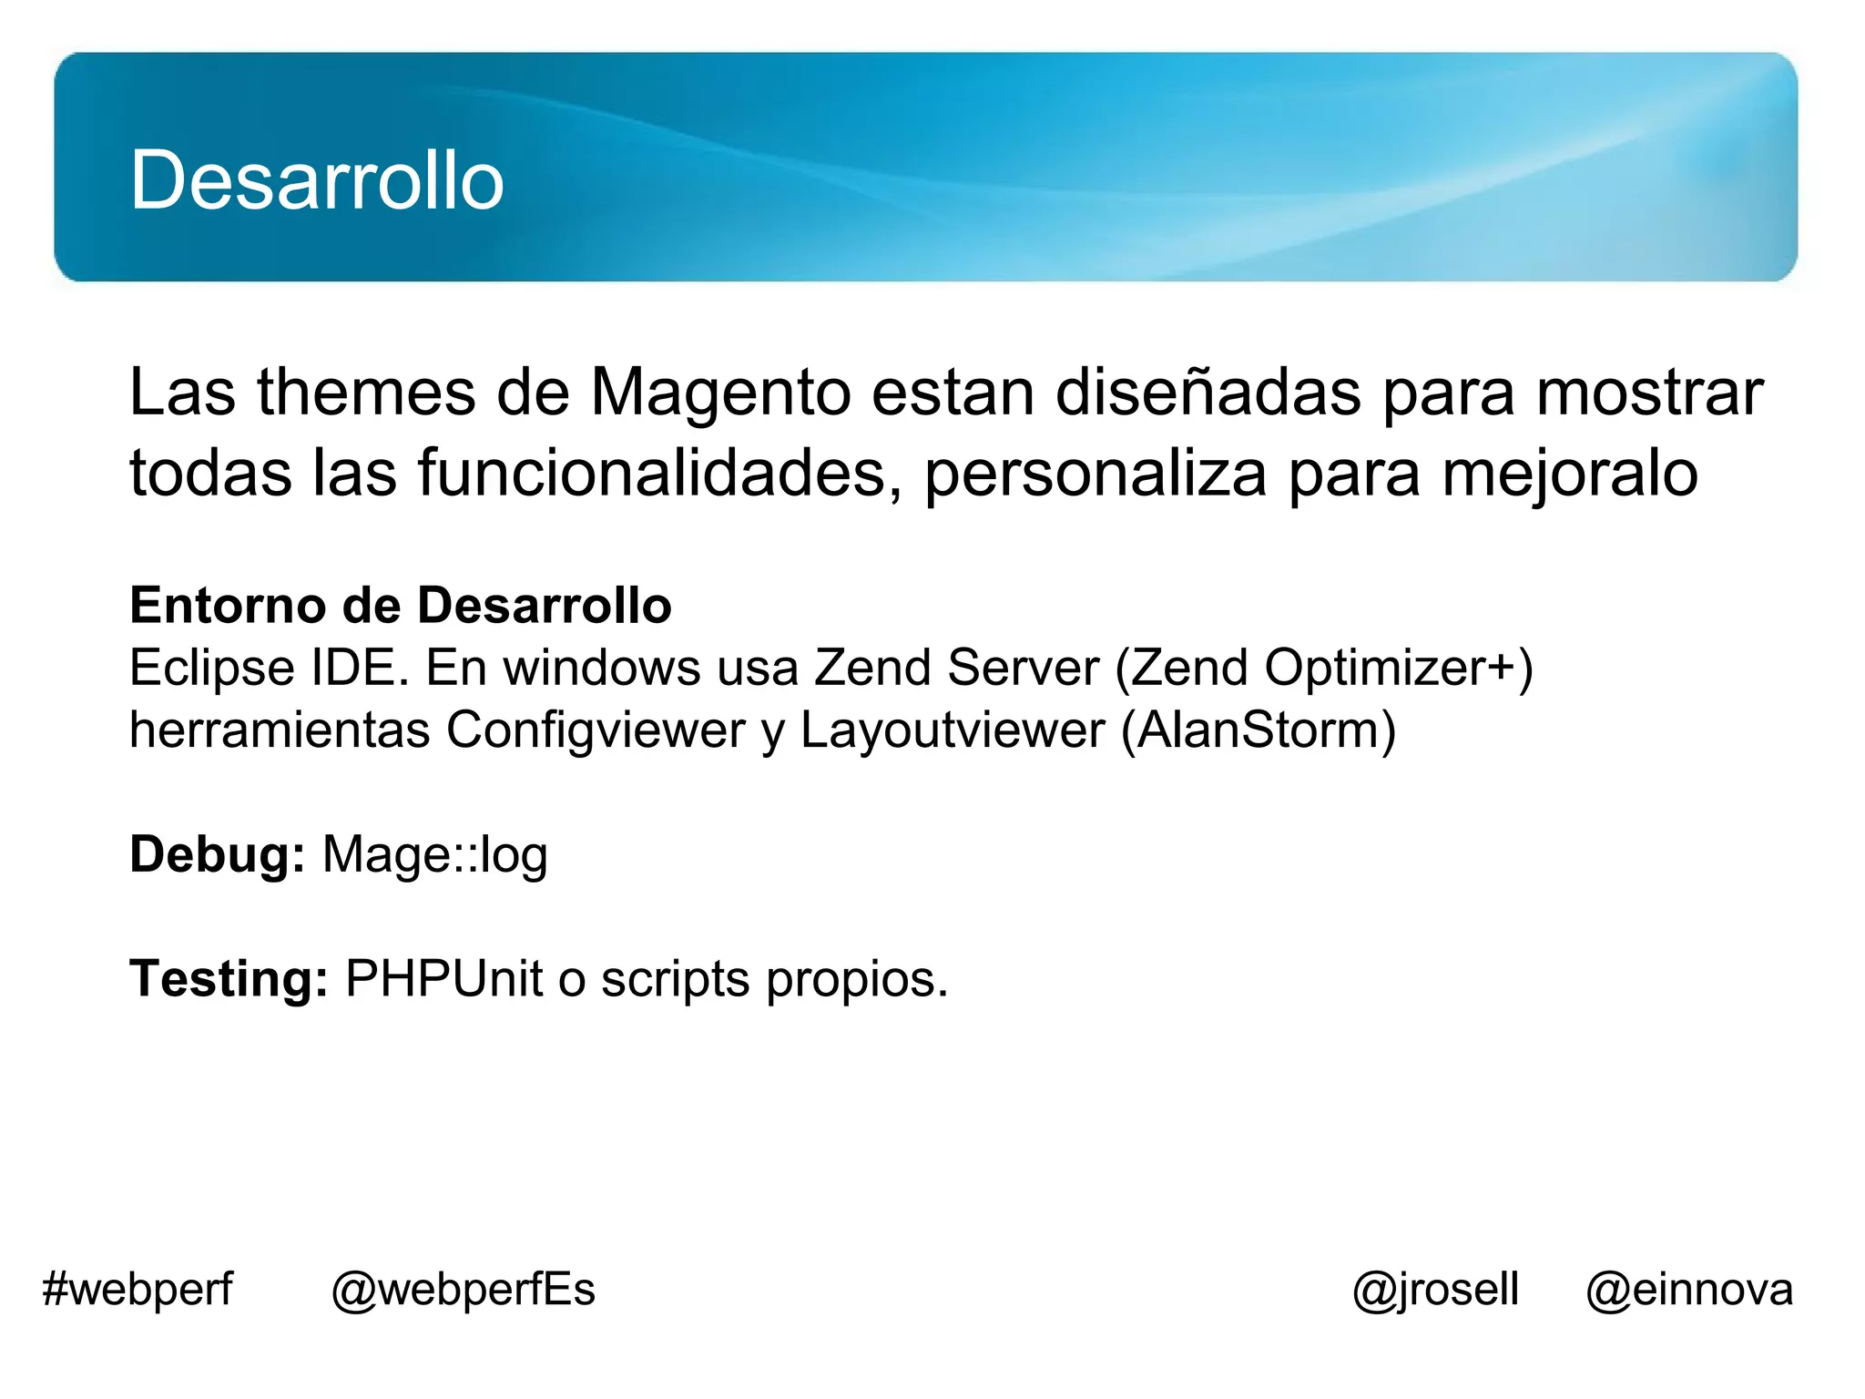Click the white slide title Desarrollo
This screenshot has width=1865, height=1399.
pyautogui.click(x=317, y=180)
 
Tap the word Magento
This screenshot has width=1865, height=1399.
pyautogui.click(x=720, y=393)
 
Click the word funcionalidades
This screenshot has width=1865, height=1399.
pyautogui.click(x=660, y=473)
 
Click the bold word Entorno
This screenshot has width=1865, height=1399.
pyautogui.click(x=228, y=606)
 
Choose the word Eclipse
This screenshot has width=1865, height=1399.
pyautogui.click(x=211, y=669)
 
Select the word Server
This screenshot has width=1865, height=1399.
pyautogui.click(x=1023, y=668)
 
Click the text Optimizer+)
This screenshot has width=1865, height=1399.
pyautogui.click(x=1399, y=668)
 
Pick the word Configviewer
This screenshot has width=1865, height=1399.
pyautogui.click(x=596, y=730)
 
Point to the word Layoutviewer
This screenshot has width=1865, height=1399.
pyautogui.click(x=953, y=730)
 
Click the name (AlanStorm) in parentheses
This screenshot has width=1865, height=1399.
pyautogui.click(x=1259, y=730)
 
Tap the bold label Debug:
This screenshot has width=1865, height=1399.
pyautogui.click(x=217, y=855)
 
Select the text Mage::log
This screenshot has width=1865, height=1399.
pyautogui.click(x=435, y=855)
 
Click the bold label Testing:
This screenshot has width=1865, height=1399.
pyautogui.click(x=229, y=979)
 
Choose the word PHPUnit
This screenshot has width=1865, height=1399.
pyautogui.click(x=443, y=979)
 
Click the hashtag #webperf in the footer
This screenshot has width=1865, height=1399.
pyautogui.click(x=138, y=1290)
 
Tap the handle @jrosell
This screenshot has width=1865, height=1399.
pyautogui.click(x=1435, y=1290)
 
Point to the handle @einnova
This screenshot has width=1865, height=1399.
pyautogui.click(x=1689, y=1290)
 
